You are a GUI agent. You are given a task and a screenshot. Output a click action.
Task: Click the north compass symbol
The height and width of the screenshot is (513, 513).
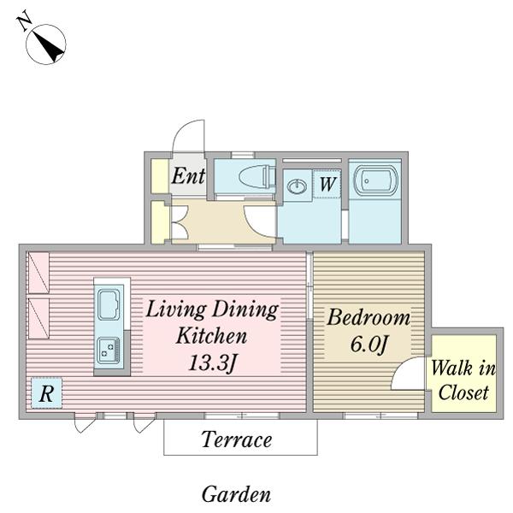46,44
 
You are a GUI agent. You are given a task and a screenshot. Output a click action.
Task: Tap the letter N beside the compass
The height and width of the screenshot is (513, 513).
24,21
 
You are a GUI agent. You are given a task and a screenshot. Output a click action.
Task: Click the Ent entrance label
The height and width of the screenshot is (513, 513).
188,176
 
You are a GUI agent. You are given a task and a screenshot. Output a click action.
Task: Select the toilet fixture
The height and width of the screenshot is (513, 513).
257,177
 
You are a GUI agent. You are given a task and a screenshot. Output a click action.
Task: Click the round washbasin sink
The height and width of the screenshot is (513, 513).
297,186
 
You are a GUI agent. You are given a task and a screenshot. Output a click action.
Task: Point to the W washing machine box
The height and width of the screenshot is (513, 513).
327,184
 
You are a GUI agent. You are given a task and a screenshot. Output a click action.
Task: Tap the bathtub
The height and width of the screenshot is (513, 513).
375,181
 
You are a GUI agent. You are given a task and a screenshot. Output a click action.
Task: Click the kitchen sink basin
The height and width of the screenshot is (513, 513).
109,304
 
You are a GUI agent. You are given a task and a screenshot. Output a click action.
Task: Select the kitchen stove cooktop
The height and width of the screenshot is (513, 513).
109,350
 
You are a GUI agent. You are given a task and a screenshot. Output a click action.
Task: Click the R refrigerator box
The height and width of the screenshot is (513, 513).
46,393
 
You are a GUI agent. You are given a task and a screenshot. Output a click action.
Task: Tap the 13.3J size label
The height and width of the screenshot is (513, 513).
212,363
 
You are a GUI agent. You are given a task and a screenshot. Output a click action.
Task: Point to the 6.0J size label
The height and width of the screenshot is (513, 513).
369,345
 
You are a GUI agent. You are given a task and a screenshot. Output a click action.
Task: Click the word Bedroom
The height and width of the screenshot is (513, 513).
369,317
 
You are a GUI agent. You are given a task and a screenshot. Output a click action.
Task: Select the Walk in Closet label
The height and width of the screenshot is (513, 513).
463,380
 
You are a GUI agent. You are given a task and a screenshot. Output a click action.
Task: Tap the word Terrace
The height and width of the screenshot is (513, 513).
237,439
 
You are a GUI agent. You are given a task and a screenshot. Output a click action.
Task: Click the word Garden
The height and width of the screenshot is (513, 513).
236,494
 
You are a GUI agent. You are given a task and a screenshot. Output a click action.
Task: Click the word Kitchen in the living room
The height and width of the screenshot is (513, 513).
211,336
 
